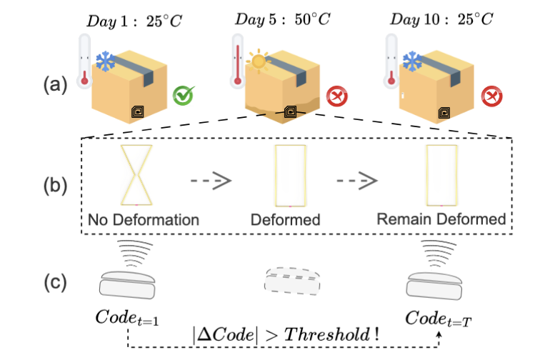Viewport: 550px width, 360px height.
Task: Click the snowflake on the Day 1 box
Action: [x=106, y=61]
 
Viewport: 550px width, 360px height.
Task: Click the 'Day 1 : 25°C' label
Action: [x=134, y=20]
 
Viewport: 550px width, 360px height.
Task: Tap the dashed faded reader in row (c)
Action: [x=291, y=280]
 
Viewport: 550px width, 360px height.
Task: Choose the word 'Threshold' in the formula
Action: [x=335, y=333]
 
